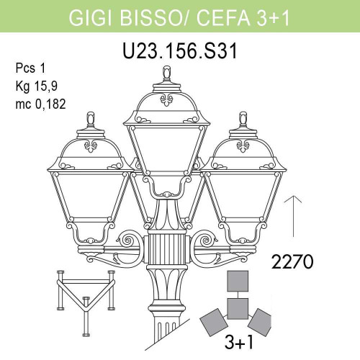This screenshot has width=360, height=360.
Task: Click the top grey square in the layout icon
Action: tap(238, 282)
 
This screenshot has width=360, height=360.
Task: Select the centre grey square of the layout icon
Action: tap(238, 308)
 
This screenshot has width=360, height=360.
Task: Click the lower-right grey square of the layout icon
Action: tap(261, 318)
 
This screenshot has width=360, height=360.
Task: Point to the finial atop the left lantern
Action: tap(91, 116)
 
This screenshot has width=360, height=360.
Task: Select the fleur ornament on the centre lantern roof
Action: tap(168, 100)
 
